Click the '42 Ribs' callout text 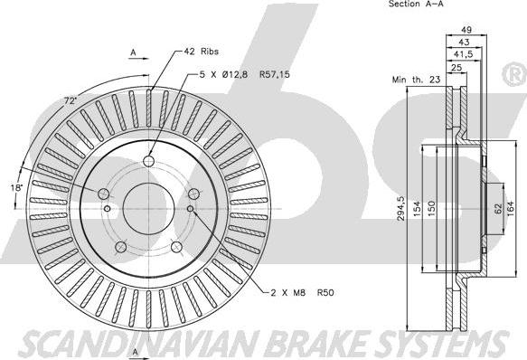201,52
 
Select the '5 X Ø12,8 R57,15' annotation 244,74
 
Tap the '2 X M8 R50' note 303,293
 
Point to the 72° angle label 71,100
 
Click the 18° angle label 16,187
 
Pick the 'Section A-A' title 416,4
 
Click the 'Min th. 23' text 416,80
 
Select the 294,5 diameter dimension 401,209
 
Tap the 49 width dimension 466,30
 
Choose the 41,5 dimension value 463,54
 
